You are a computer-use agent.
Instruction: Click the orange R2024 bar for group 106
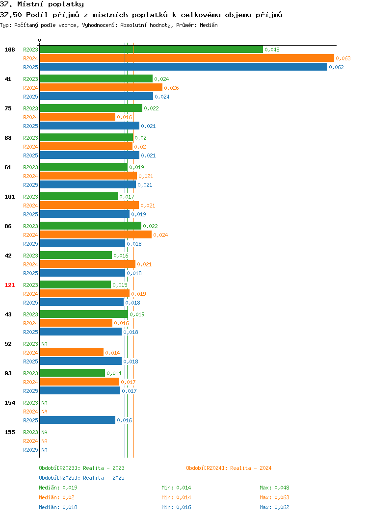[x=187, y=58]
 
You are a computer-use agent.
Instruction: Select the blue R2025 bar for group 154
[x=78, y=420]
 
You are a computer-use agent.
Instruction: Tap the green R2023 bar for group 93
[x=73, y=373]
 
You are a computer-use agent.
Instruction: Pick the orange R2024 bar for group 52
[x=72, y=353]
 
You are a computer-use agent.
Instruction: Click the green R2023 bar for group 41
[x=97, y=78]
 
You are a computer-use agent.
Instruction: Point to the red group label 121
[x=9, y=285]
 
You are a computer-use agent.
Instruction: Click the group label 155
[x=9, y=432]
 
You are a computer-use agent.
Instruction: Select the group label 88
[x=8, y=138]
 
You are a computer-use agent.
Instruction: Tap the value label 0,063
[x=343, y=58]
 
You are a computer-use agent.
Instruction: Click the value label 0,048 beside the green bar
[x=272, y=50]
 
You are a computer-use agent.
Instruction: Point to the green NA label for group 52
[x=45, y=344]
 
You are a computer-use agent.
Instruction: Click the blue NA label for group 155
[x=45, y=450]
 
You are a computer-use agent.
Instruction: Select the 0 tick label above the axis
[x=40, y=40]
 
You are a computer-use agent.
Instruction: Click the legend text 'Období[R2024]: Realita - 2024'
[x=229, y=468]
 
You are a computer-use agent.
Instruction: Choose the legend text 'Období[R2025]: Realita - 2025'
[x=81, y=478]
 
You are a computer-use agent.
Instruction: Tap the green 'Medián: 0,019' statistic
[x=58, y=488]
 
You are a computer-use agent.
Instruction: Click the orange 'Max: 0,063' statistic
[x=274, y=497]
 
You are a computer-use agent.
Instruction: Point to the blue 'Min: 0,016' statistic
[x=176, y=508]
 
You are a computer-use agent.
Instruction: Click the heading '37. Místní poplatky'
[x=42, y=4]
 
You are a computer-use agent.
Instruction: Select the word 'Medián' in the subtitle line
[x=209, y=25]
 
